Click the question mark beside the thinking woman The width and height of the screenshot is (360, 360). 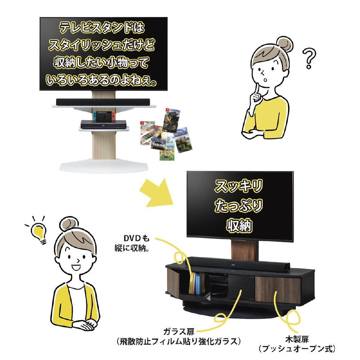pos(309,58)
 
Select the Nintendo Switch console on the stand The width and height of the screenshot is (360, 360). pos(104,116)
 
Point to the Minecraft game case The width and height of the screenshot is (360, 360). pos(183,140)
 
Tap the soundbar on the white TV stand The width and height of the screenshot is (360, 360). pos(103,102)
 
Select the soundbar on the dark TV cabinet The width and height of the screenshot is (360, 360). pos(237,264)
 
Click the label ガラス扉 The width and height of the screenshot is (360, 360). pos(179,331)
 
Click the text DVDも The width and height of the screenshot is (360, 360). pos(136,239)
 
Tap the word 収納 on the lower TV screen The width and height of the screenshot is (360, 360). pos(239,225)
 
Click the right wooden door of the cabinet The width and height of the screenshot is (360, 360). pos(278,289)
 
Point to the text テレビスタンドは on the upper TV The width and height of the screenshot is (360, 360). pos(102,28)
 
